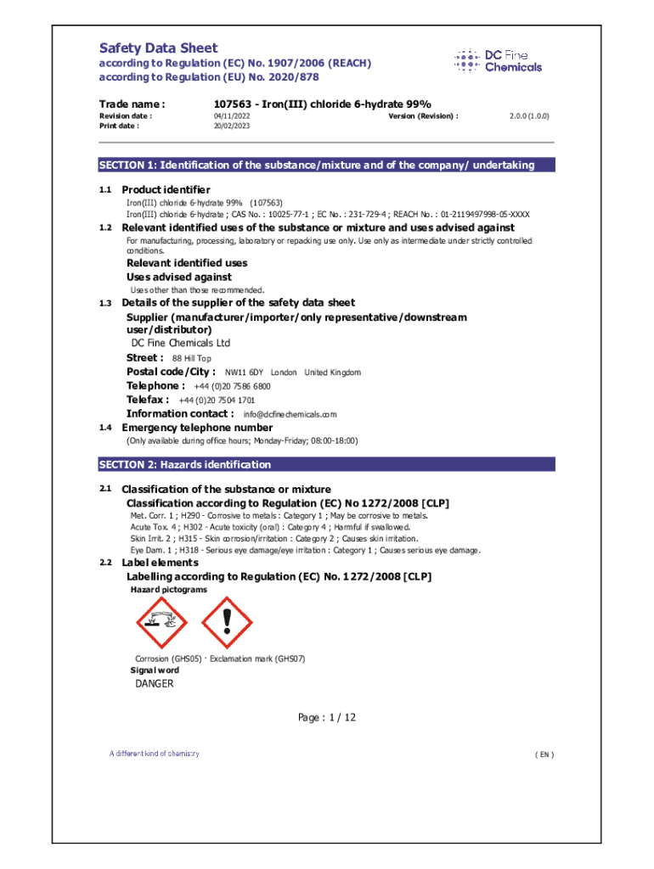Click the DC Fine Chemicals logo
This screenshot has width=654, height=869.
click(498, 60)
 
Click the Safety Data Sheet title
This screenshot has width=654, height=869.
click(158, 48)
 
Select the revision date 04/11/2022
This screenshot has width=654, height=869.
click(232, 115)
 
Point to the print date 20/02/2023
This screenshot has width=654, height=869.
click(232, 126)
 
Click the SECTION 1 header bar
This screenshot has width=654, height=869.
click(326, 165)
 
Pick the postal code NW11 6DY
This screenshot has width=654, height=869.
click(244, 373)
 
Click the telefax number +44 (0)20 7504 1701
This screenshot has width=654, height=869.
click(217, 400)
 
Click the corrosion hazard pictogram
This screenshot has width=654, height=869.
click(161, 623)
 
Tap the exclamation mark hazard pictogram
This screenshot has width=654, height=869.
click(226, 623)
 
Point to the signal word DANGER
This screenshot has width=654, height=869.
click(155, 684)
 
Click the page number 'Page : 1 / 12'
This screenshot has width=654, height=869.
click(326, 718)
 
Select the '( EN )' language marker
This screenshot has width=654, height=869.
click(544, 754)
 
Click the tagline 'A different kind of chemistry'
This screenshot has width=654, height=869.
click(154, 754)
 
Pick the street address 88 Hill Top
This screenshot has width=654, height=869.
click(192, 358)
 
